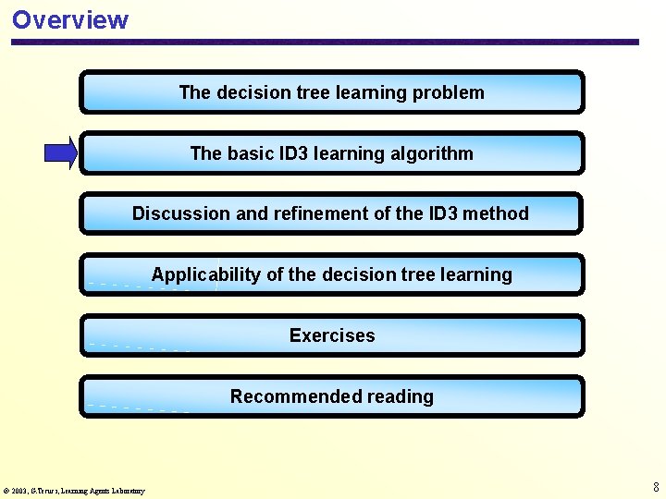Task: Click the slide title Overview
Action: click(x=70, y=19)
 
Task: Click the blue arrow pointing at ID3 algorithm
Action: click(x=61, y=153)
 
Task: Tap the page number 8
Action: click(x=656, y=487)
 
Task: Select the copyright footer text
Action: click(x=74, y=491)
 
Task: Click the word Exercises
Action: click(x=332, y=335)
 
